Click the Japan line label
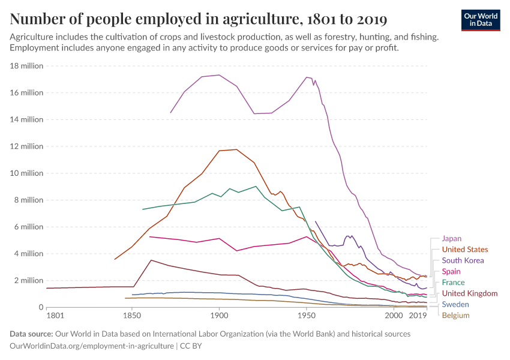point(451,238)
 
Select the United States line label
point(464,249)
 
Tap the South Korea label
point(462,260)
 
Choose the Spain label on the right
point(451,271)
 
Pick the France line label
point(453,282)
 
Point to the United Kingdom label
point(469,293)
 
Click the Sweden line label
point(455,304)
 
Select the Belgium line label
point(455,315)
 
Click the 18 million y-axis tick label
point(26,66)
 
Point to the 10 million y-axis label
point(26,173)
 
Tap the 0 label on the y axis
point(40,307)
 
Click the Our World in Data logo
point(481,20)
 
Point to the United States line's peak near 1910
point(237,149)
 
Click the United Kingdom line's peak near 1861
point(152,260)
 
